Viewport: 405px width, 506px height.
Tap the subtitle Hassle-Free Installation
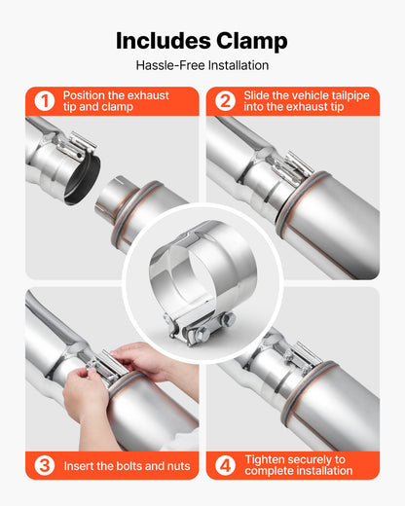click(202, 66)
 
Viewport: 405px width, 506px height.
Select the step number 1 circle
click(44, 101)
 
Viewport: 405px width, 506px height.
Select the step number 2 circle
click(225, 101)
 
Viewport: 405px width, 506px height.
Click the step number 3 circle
click(44, 466)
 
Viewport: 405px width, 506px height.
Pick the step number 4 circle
click(225, 465)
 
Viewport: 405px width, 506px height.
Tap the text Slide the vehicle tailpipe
click(306, 95)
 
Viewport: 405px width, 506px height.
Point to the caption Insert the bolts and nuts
click(127, 466)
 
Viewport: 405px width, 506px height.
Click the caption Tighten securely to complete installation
click(300, 465)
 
